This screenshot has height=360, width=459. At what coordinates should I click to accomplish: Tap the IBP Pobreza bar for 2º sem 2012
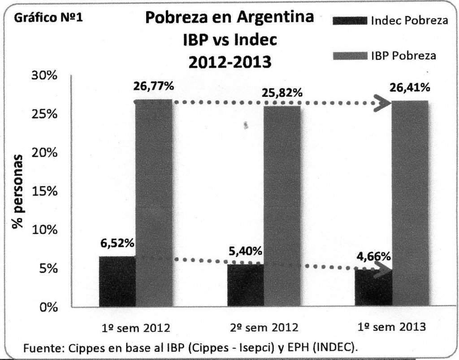pos(282,206)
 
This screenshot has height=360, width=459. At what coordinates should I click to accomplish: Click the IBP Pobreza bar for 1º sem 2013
pos(410,204)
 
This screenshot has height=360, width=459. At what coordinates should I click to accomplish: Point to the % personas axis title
pos(18,191)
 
